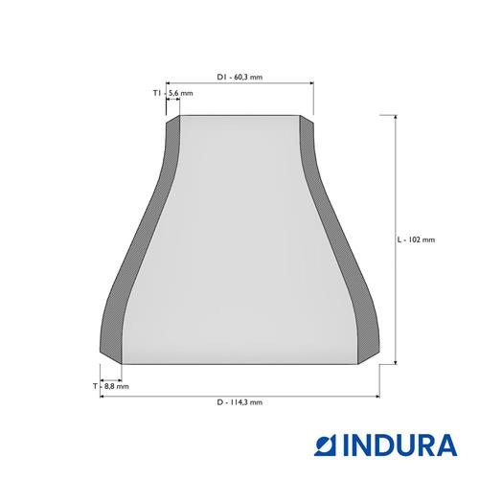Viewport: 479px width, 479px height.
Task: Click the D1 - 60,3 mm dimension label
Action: [239, 77]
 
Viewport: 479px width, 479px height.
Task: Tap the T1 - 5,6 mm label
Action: [172, 93]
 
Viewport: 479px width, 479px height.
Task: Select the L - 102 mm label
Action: [416, 239]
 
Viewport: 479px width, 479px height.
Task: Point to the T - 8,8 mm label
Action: [111, 386]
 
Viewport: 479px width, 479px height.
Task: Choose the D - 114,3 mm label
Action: [239, 402]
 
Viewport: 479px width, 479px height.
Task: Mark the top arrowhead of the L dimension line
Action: [396, 118]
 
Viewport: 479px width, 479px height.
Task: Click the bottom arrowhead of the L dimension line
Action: [396, 361]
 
